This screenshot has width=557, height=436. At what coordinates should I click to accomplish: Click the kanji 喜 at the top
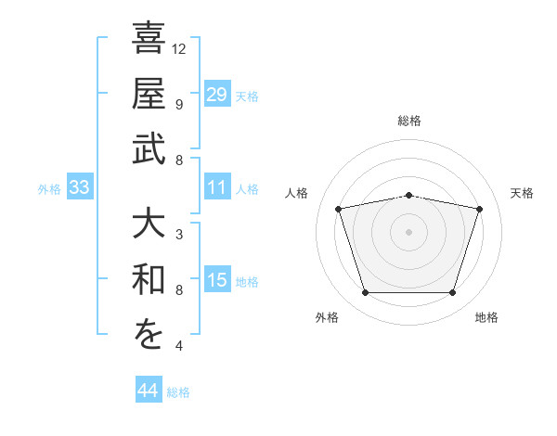click(x=149, y=38)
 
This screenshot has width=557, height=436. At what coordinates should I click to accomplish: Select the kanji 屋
click(x=149, y=93)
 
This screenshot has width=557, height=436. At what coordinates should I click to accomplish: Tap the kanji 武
click(x=149, y=148)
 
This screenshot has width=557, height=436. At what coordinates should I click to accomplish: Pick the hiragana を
click(x=149, y=334)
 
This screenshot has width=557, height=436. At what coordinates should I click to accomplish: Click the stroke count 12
click(x=178, y=49)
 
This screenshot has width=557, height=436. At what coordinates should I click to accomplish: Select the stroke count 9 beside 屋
click(x=179, y=105)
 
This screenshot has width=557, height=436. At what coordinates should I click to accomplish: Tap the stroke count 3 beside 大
click(x=179, y=235)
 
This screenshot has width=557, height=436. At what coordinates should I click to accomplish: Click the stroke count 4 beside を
click(x=179, y=345)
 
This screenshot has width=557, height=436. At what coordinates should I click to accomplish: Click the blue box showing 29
click(x=217, y=94)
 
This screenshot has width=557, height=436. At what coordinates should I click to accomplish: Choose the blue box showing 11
click(x=217, y=186)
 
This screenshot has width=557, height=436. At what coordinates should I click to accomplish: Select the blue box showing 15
click(x=217, y=278)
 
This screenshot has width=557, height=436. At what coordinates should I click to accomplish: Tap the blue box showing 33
click(x=80, y=186)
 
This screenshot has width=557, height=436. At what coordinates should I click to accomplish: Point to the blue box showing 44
click(x=149, y=389)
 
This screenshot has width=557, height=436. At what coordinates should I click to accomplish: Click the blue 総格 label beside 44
click(x=178, y=392)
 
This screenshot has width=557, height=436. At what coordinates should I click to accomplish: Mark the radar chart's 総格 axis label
click(x=409, y=121)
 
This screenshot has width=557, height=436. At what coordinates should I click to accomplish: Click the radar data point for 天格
click(x=479, y=209)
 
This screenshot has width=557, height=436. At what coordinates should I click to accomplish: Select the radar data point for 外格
click(x=366, y=293)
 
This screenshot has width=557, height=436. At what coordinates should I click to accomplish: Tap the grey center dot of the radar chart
click(x=408, y=232)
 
